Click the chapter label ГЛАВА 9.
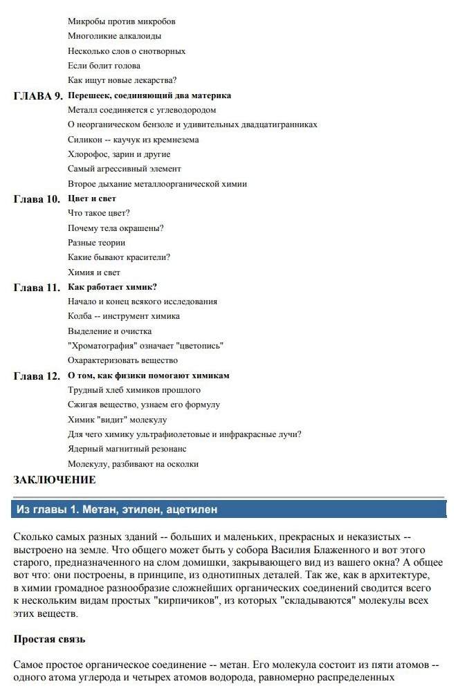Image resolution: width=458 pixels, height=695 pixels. coord(38,96)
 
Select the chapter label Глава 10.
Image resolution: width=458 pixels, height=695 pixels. coord(37,199)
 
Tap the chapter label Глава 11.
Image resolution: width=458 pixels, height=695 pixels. coord(37,288)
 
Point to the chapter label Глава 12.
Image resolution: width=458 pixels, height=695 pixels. coord(37,376)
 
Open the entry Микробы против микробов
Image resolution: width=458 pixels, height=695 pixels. coord(122,21)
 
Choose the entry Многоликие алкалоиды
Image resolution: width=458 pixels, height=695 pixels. coord(115,36)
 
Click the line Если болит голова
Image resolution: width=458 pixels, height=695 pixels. coord(104,66)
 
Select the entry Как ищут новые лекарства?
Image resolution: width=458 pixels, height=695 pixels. coord(122,80)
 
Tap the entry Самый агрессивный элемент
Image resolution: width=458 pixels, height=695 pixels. coord(125,169)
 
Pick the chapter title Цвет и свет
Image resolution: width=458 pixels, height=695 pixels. coord(92,198)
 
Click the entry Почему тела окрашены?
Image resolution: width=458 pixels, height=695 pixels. coord(116,228)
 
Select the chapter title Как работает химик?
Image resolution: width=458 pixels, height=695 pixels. coord(112,287)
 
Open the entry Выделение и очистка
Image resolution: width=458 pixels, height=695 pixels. coord(109,331)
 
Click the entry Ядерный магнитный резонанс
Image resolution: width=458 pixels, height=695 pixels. coord(127,449)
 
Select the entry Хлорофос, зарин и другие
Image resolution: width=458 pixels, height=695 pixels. coord(119,154)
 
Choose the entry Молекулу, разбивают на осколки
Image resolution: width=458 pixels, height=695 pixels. coord(134,464)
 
